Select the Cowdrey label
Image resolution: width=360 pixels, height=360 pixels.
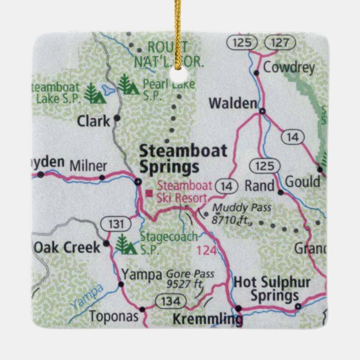click(x=289, y=68)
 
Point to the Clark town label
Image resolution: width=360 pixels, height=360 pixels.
click(x=93, y=121)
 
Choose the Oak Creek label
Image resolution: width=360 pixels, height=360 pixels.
click(x=67, y=247)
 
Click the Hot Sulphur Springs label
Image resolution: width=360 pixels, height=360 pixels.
click(x=272, y=288)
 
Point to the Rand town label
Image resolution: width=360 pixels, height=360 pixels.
click(x=260, y=186)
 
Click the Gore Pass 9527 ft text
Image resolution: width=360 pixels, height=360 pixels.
click(x=186, y=280)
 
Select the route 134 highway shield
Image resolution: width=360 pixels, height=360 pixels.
click(x=167, y=302)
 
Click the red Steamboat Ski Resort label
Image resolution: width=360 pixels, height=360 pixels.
click(x=182, y=192)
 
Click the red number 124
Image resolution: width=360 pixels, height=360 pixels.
click(x=206, y=251)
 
